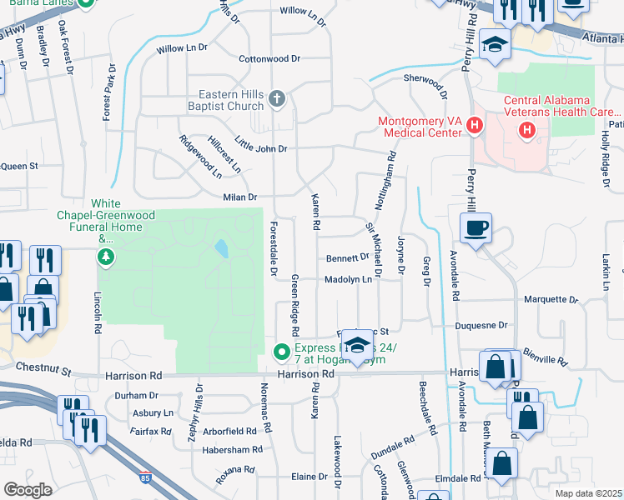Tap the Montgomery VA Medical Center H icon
(x=475, y=127)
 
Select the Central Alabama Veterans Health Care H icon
(x=526, y=130)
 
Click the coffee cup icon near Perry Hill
(x=476, y=227)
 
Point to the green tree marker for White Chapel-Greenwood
(x=105, y=256)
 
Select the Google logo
(x=28, y=489)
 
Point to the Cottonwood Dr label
(x=269, y=59)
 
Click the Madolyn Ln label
(x=348, y=280)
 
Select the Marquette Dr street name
(x=551, y=299)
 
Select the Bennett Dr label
(x=347, y=258)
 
